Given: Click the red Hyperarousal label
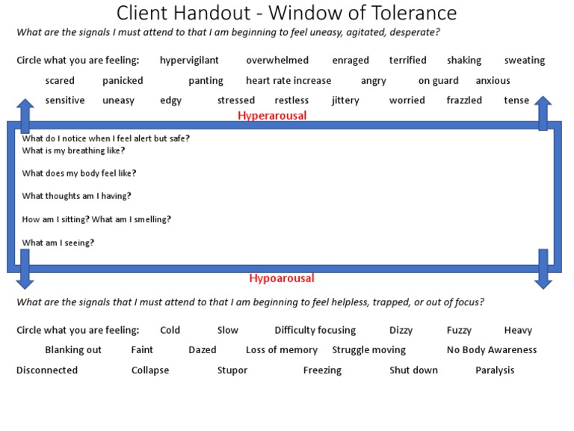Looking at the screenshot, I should click(x=272, y=115).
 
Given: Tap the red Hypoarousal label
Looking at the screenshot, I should click(x=282, y=278).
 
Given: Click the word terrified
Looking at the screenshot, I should click(x=407, y=61).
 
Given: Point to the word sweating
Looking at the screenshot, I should click(x=525, y=61).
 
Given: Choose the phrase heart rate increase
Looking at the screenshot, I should click(x=288, y=81).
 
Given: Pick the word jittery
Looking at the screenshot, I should click(x=345, y=100).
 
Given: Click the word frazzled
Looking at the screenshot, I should click(x=464, y=100).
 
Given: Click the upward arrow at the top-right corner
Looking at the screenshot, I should click(x=543, y=112).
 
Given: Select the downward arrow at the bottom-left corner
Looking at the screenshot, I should click(x=25, y=271).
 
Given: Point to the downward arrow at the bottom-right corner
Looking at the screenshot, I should click(x=543, y=271).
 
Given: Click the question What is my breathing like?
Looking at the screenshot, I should click(x=73, y=150).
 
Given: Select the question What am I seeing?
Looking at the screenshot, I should click(x=58, y=242).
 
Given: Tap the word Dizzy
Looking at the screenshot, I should click(x=401, y=330).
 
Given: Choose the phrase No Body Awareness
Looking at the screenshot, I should click(x=492, y=349).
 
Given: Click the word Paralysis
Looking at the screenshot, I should click(x=495, y=370).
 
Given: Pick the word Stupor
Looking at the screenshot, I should click(x=232, y=370).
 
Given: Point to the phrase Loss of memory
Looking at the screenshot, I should click(x=282, y=349).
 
